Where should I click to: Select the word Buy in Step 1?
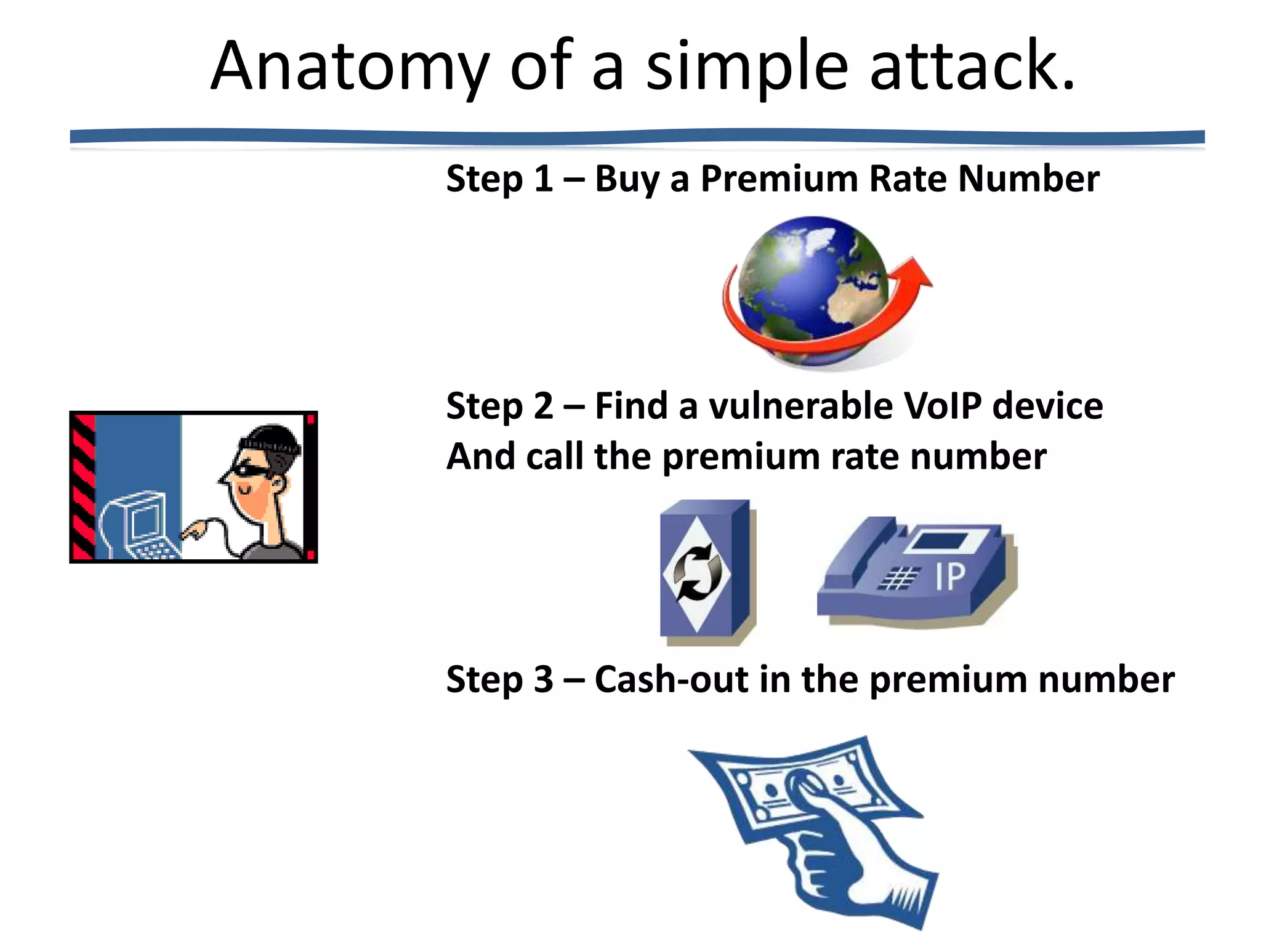tap(626, 180)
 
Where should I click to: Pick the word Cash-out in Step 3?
tap(671, 679)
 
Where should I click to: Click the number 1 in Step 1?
tap(542, 180)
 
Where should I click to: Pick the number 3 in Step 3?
tap(543, 679)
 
